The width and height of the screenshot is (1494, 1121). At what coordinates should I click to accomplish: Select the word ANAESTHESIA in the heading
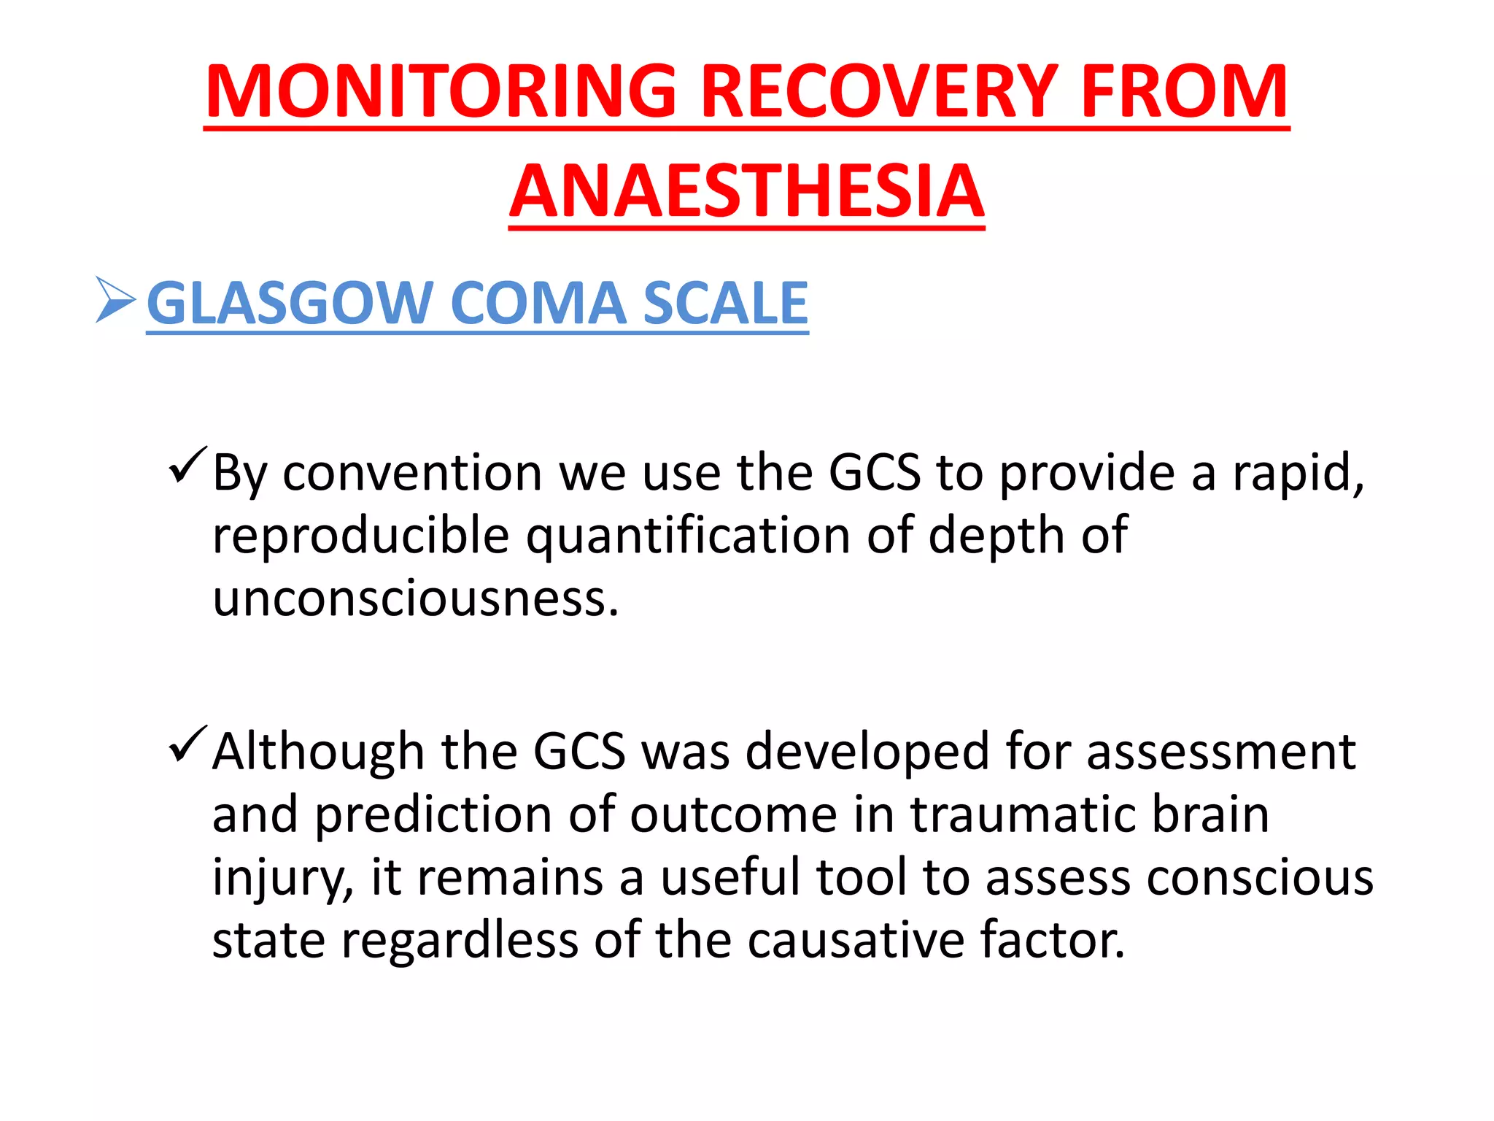(747, 190)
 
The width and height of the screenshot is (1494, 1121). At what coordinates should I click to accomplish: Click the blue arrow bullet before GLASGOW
(115, 300)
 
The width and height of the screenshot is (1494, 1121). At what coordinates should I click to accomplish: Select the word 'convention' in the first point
(412, 473)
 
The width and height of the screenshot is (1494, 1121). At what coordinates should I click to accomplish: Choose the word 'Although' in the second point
(318, 752)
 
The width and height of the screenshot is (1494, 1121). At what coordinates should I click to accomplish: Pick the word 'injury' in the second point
(281, 878)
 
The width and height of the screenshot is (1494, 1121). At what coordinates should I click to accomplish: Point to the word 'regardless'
(460, 940)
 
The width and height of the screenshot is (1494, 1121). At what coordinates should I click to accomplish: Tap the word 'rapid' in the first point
(1296, 473)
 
